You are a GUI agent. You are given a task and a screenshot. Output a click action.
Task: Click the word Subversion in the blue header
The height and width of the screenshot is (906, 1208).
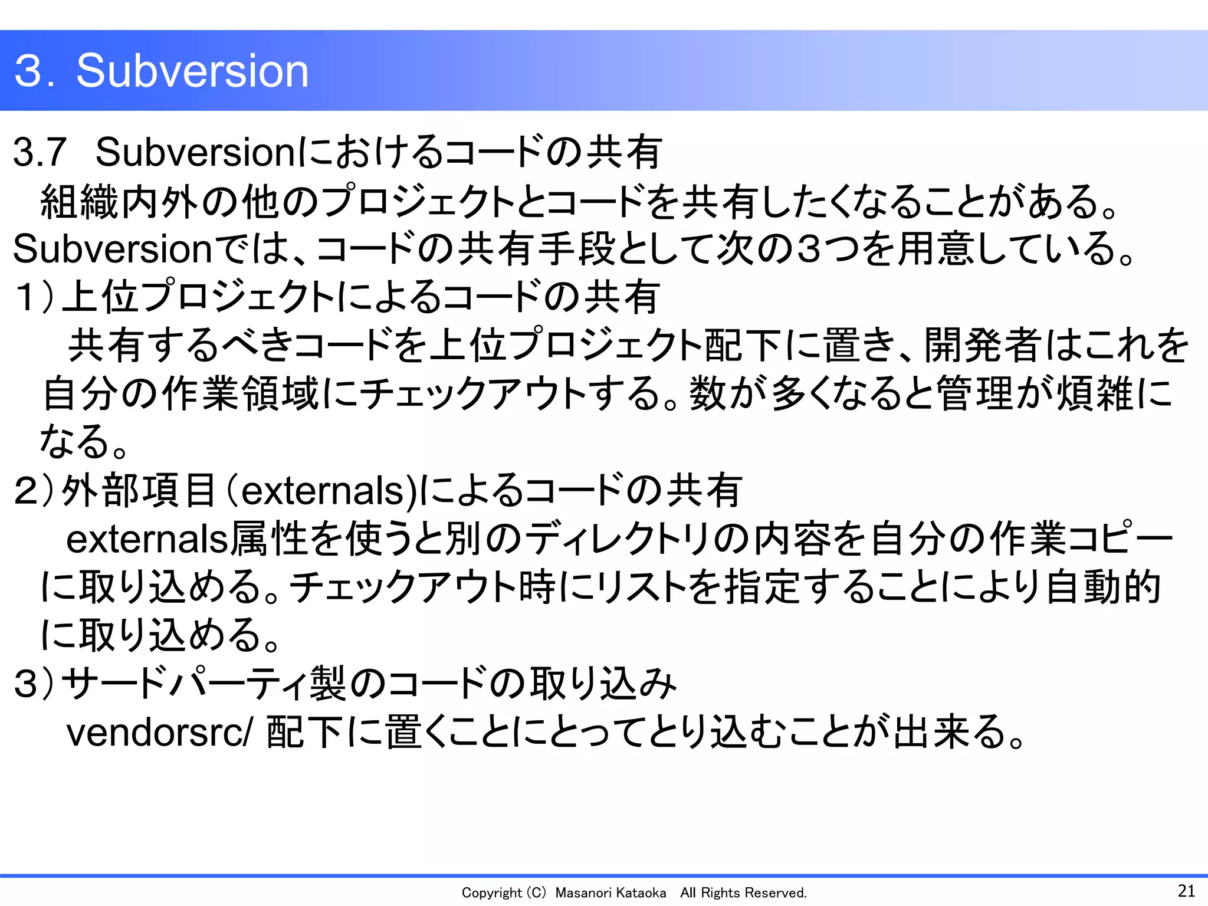click(192, 71)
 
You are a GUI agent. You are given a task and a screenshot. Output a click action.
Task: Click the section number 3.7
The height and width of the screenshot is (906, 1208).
click(39, 152)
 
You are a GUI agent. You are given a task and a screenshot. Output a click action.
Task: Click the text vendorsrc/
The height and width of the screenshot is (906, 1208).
click(159, 732)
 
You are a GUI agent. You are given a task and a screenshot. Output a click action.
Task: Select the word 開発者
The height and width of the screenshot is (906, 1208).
click(983, 345)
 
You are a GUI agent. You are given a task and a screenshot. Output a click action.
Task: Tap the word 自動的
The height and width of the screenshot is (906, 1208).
click(1103, 587)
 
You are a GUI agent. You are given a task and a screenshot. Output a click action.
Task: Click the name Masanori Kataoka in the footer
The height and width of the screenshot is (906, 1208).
click(610, 893)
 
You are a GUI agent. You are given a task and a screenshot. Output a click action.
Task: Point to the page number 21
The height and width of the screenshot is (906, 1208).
click(1186, 891)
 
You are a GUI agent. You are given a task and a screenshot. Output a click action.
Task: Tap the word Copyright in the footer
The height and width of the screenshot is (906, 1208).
click(491, 893)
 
